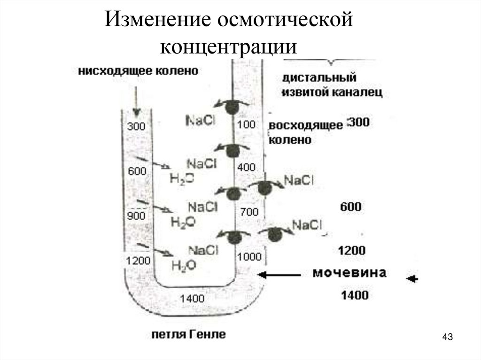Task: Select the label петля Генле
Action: coord(188,335)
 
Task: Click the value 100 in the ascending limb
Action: coord(246,125)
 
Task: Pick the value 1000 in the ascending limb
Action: coord(249,256)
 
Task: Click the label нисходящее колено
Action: coord(138,71)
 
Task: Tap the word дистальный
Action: coord(320,77)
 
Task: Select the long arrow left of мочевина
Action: coord(280,275)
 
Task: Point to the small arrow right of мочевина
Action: coord(412,279)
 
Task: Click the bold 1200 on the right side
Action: coord(352,250)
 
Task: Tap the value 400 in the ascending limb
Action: coord(247,167)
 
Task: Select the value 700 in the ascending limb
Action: coord(249,212)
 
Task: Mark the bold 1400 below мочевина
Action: coord(355,295)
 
